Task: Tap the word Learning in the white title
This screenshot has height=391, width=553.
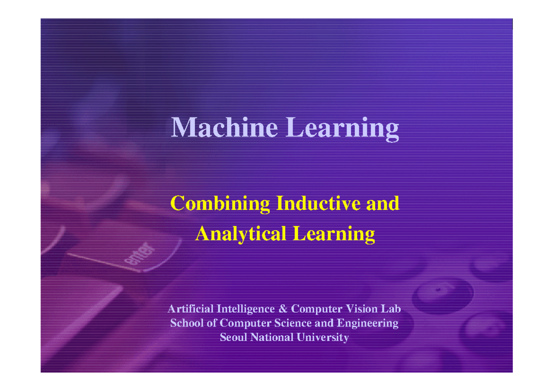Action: point(342,128)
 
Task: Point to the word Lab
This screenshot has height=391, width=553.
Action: point(391,308)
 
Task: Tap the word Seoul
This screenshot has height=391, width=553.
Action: point(233,338)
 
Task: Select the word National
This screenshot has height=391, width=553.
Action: point(271,338)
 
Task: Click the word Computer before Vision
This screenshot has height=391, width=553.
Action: point(318,309)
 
